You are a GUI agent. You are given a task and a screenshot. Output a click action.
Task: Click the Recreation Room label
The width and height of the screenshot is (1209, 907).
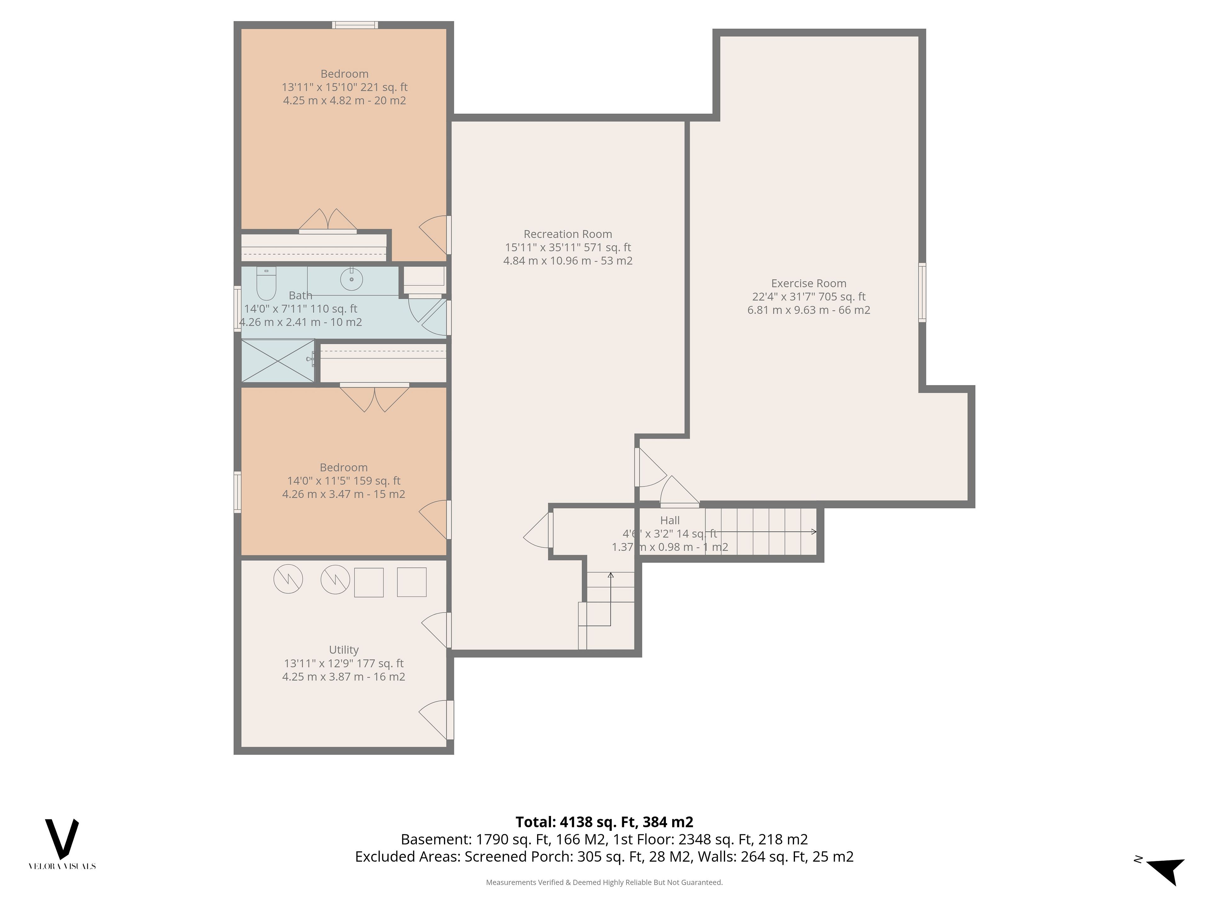568,234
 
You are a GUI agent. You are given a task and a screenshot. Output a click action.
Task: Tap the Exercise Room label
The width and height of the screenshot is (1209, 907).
809,283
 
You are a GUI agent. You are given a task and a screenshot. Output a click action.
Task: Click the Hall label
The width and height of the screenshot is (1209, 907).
670,521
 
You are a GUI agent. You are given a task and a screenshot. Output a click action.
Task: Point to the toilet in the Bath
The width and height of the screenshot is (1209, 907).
266,283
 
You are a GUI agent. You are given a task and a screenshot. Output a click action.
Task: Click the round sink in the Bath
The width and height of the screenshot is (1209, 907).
351,279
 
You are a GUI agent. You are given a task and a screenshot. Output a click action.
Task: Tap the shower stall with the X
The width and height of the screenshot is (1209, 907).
278,361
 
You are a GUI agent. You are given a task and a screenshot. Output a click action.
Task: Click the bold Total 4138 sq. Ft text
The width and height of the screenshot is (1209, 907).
604,822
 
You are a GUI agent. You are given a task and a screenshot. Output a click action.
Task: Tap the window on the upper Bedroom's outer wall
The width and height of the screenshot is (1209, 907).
355,25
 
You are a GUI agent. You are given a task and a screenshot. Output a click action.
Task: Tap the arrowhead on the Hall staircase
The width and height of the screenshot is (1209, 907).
815,531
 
